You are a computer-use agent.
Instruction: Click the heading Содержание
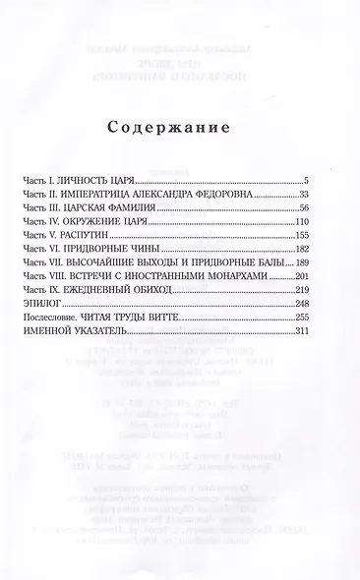pyautogui.click(x=181, y=128)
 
